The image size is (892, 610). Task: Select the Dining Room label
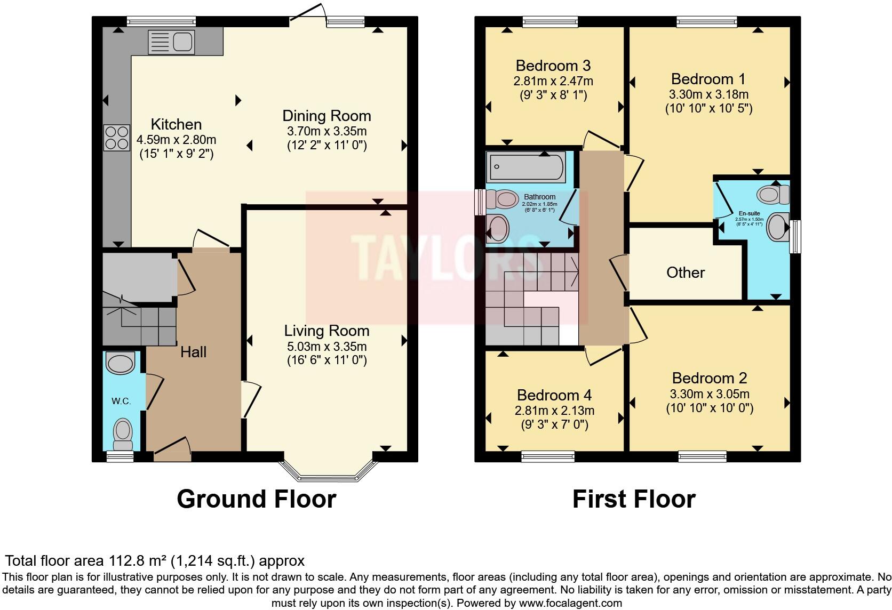[x=326, y=116]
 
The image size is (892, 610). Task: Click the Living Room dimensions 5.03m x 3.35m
[x=326, y=346]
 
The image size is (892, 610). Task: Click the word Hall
[x=193, y=351]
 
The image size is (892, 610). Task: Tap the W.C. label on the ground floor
[x=121, y=401]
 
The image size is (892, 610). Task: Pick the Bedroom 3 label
[x=553, y=66]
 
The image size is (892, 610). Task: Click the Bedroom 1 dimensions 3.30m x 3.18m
[x=708, y=94]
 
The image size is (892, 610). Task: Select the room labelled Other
[x=685, y=272]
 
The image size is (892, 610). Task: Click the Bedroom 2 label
[x=709, y=378]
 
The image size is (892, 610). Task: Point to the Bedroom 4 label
[x=554, y=395]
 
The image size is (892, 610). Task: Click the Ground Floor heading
[x=256, y=499]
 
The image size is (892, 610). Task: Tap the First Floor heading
[x=634, y=499]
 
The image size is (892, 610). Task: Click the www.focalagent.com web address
[x=570, y=603]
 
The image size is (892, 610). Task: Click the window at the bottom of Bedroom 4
[x=548, y=456]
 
